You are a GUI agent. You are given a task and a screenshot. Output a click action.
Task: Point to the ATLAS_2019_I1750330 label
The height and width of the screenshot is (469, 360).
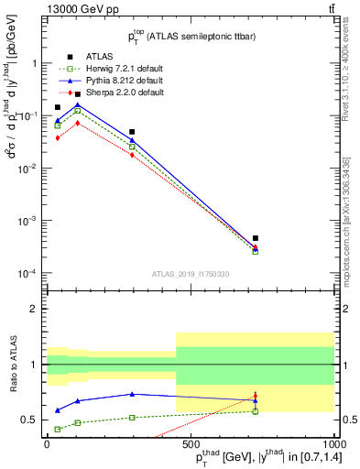point(191,274)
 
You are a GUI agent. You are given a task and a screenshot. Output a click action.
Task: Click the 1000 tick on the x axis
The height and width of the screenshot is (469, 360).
point(333,443)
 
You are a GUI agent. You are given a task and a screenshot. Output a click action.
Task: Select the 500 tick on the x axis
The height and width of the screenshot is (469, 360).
point(190,443)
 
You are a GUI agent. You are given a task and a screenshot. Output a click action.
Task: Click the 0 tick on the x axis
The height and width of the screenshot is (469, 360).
point(47,443)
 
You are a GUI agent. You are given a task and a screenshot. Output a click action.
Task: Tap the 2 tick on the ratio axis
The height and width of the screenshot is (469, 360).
point(35,309)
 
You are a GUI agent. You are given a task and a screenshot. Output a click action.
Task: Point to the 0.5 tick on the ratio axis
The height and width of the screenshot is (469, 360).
point(30,420)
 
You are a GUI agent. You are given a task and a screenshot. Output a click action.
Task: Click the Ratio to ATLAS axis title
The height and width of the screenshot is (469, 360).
point(12,364)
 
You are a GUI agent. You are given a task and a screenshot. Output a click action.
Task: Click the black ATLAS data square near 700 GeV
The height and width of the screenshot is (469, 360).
point(255,238)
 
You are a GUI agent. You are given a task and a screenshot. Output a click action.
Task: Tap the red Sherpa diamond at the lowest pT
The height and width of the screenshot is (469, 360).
point(58,137)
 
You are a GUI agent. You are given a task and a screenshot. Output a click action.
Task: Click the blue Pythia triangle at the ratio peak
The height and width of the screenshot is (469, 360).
point(133,394)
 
